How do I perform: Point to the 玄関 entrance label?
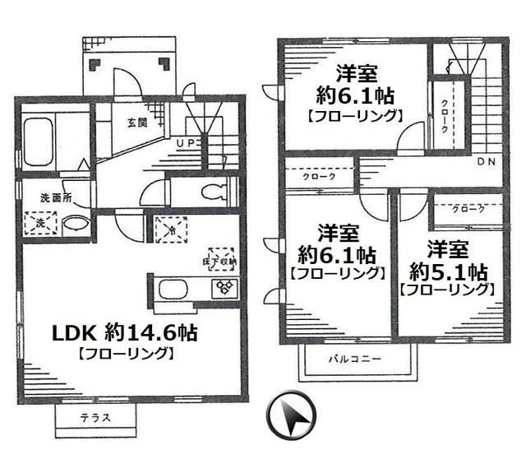136,123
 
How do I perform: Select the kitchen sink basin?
175,290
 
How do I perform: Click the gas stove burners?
224,288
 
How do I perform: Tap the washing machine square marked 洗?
37,222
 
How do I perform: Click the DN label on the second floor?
485,161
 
